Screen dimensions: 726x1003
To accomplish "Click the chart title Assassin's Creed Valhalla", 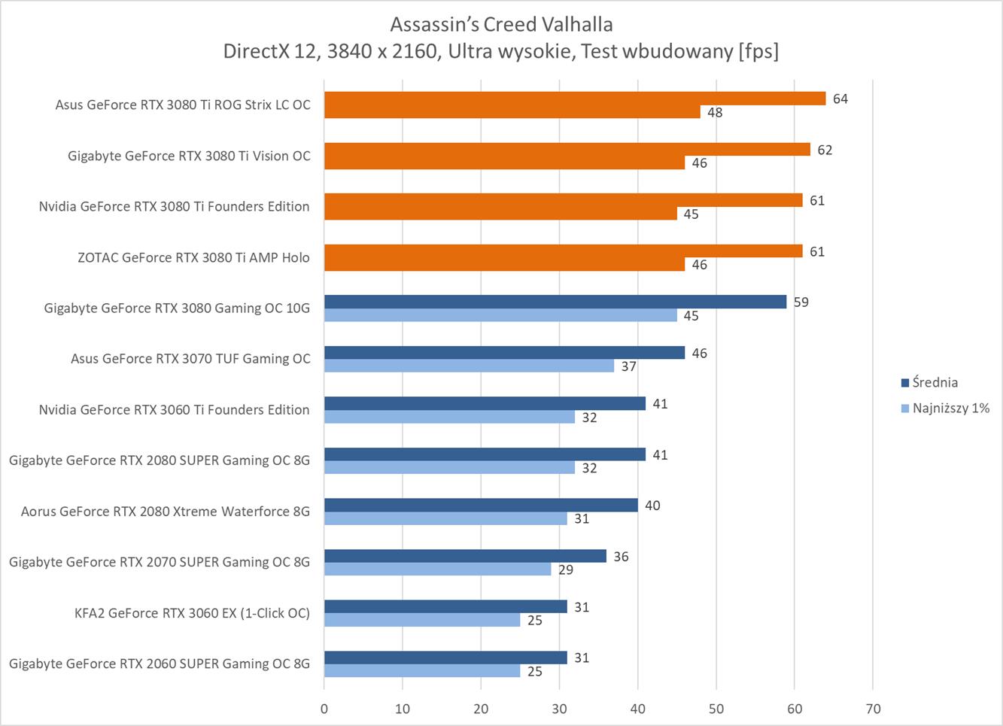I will coord(501,25).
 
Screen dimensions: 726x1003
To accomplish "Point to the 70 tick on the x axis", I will coord(873,709).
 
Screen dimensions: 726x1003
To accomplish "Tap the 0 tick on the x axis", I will coord(324,709).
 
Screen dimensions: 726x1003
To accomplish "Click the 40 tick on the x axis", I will coord(638,709).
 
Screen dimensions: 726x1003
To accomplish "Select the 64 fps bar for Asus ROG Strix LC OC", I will coord(575,99).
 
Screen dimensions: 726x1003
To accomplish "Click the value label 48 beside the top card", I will coord(715,113).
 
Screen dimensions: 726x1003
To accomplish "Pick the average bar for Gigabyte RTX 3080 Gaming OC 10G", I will coord(555,302).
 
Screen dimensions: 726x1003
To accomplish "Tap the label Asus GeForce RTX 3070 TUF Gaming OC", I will coord(190,359).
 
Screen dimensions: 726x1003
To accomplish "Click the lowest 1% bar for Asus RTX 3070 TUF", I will coord(469,366).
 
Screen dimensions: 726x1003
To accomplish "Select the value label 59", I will coord(801,302).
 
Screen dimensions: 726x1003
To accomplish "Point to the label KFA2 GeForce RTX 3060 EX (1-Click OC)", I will coord(192,613).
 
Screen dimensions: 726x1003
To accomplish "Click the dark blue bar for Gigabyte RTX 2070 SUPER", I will coord(465,556).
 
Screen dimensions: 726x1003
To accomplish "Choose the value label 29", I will coord(566,570).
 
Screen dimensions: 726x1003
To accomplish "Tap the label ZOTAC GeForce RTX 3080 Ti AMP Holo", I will coord(193,257).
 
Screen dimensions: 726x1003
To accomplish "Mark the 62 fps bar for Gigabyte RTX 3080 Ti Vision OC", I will coord(567,150).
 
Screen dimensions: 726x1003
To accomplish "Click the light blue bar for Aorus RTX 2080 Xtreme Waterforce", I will coord(445,519).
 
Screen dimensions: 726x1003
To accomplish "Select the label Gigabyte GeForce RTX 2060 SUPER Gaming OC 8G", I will coord(160,664).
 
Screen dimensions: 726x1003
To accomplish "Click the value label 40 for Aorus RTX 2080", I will coord(652,506).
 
